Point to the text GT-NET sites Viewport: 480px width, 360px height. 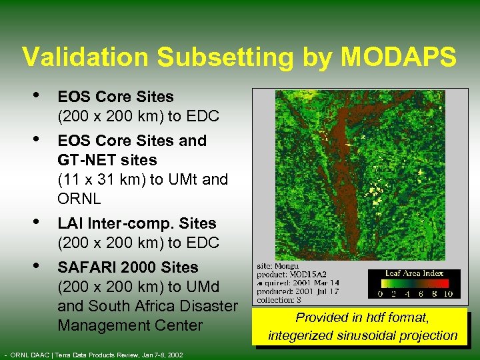(x=107, y=160)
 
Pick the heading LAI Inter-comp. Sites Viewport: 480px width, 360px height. (x=137, y=223)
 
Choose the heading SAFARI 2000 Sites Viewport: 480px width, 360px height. (x=128, y=267)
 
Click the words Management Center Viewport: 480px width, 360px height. (x=130, y=325)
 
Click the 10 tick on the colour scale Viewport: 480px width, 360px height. (x=449, y=293)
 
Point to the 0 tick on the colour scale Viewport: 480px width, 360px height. (x=380, y=293)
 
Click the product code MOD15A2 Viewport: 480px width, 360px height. (x=311, y=274)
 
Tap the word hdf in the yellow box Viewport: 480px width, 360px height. (x=372, y=319)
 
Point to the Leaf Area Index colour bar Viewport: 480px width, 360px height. (x=413, y=283)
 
